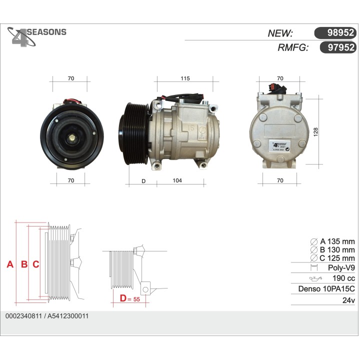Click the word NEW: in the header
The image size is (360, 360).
click(280, 33)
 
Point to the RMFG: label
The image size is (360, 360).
click(292, 47)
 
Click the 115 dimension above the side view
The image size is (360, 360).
click(185, 78)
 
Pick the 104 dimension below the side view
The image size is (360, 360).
click(177, 180)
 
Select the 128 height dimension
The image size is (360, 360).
click(316, 131)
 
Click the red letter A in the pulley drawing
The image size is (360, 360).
click(9, 264)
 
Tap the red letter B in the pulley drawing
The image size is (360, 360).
click(23, 264)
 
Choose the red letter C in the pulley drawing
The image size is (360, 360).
click(35, 264)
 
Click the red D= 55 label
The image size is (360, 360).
click(129, 299)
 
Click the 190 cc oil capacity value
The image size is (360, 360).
click(343, 278)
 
